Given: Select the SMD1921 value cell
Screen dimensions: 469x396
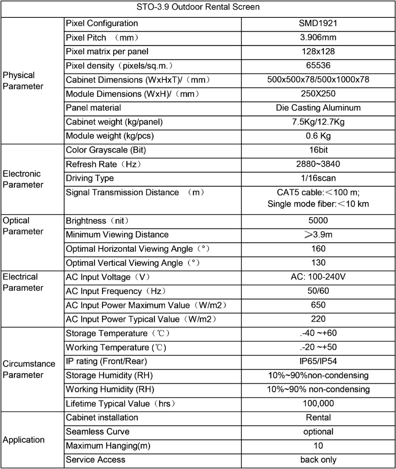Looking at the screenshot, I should coord(318,23).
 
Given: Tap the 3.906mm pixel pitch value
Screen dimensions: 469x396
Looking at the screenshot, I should coord(318,37).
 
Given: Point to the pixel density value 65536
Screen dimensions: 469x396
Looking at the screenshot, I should coord(318,66).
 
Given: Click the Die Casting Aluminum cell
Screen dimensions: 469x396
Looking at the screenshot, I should coord(318,108).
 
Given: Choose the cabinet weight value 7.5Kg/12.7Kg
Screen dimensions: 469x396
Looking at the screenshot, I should coord(318,122).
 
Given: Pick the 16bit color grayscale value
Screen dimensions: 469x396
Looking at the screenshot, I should coord(318,150).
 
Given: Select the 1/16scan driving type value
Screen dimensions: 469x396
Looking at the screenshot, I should coord(318,178).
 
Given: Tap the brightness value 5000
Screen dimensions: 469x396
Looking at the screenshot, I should coord(318,221).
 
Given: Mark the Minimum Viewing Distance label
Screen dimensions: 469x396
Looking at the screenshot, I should coord(117,235).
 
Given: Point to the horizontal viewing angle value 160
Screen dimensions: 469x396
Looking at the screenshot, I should coord(318,249).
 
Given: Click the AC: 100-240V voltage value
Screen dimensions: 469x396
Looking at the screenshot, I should coord(318,277).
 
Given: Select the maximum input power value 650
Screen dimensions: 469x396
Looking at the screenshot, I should coord(318,305).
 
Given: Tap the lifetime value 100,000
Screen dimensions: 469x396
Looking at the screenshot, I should coord(318,403).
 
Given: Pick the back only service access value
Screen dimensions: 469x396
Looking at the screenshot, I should coord(318,459).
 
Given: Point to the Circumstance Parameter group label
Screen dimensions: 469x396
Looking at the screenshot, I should coord(29,369).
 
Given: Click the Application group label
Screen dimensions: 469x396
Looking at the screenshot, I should coord(24,440).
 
